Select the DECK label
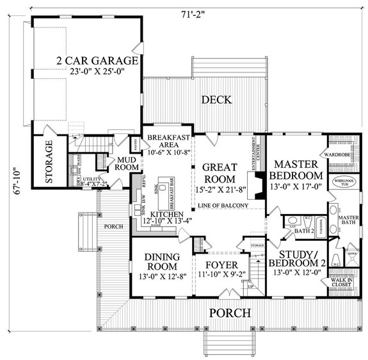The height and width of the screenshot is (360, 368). click(x=216, y=99)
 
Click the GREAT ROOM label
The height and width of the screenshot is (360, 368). click(x=220, y=172)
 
